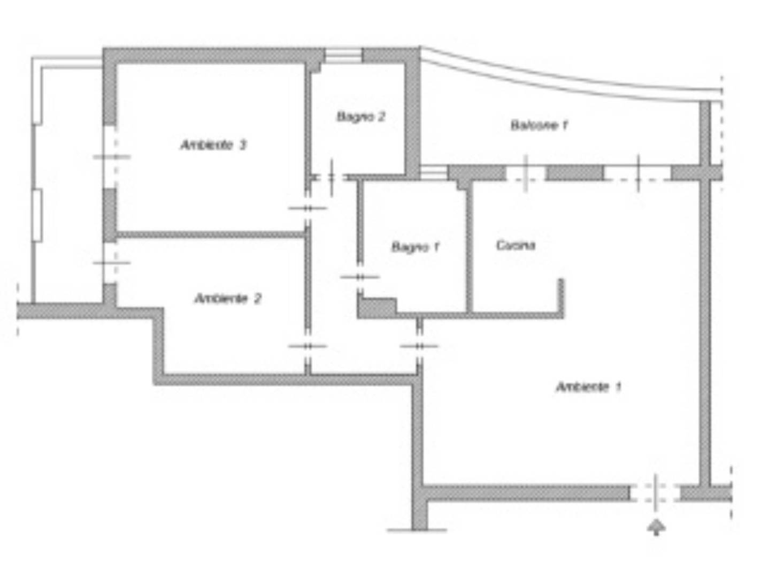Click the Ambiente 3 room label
coord(213,145)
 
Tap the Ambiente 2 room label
coord(228,299)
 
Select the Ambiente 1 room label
coord(588,387)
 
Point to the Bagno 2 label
coord(360,117)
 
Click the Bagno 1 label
coord(416,247)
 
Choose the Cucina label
coord(516,245)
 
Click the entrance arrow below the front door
coord(656,527)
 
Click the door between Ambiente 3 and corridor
coord(308,208)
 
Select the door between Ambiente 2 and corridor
coord(308,346)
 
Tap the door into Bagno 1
coord(359,277)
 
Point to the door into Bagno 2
coord(332,178)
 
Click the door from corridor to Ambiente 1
coord(419,346)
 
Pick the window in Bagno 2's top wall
coord(343,56)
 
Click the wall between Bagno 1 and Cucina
coord(470,247)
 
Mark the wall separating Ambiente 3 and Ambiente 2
coord(210,234)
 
